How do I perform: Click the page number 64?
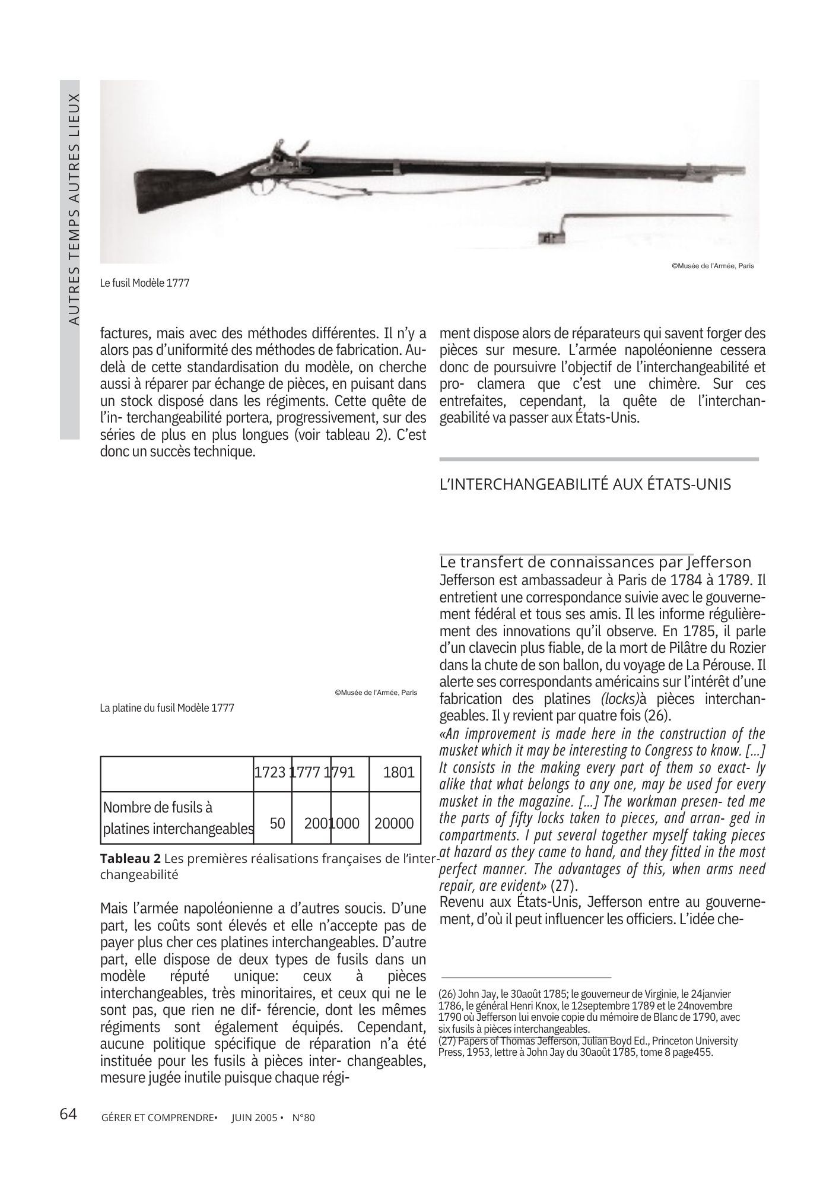[68, 1114]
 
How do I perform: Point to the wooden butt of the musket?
[166, 190]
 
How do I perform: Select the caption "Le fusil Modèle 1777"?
[145, 283]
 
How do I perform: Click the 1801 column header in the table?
[399, 773]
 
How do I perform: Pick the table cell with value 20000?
[394, 823]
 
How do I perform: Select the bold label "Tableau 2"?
[131, 858]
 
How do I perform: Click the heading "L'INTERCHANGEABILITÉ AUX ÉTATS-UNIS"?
[585, 484]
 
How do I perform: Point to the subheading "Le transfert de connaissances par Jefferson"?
[595, 561]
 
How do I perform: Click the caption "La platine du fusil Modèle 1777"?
[167, 708]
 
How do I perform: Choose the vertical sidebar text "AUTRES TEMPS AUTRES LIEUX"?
[73, 208]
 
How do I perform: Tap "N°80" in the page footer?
[304, 1118]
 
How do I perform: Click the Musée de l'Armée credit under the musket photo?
[712, 266]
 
